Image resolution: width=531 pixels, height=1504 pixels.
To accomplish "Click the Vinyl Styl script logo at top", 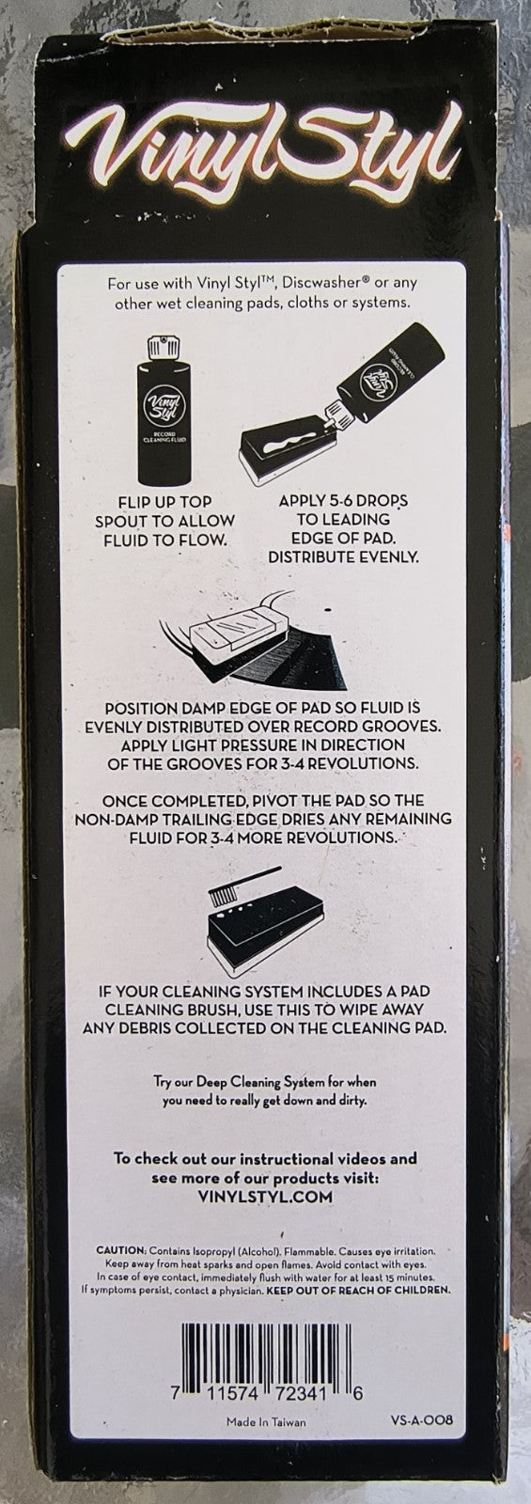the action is (265, 146).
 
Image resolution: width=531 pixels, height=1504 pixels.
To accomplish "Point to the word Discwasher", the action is (311, 283).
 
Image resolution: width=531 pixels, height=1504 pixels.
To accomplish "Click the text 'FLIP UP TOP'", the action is (164, 502).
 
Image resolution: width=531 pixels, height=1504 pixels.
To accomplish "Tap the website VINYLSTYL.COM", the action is (266, 1196).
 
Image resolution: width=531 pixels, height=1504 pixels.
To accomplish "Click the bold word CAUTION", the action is (121, 1251).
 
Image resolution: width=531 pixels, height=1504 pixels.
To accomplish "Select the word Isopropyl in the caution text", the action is (198, 1251).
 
